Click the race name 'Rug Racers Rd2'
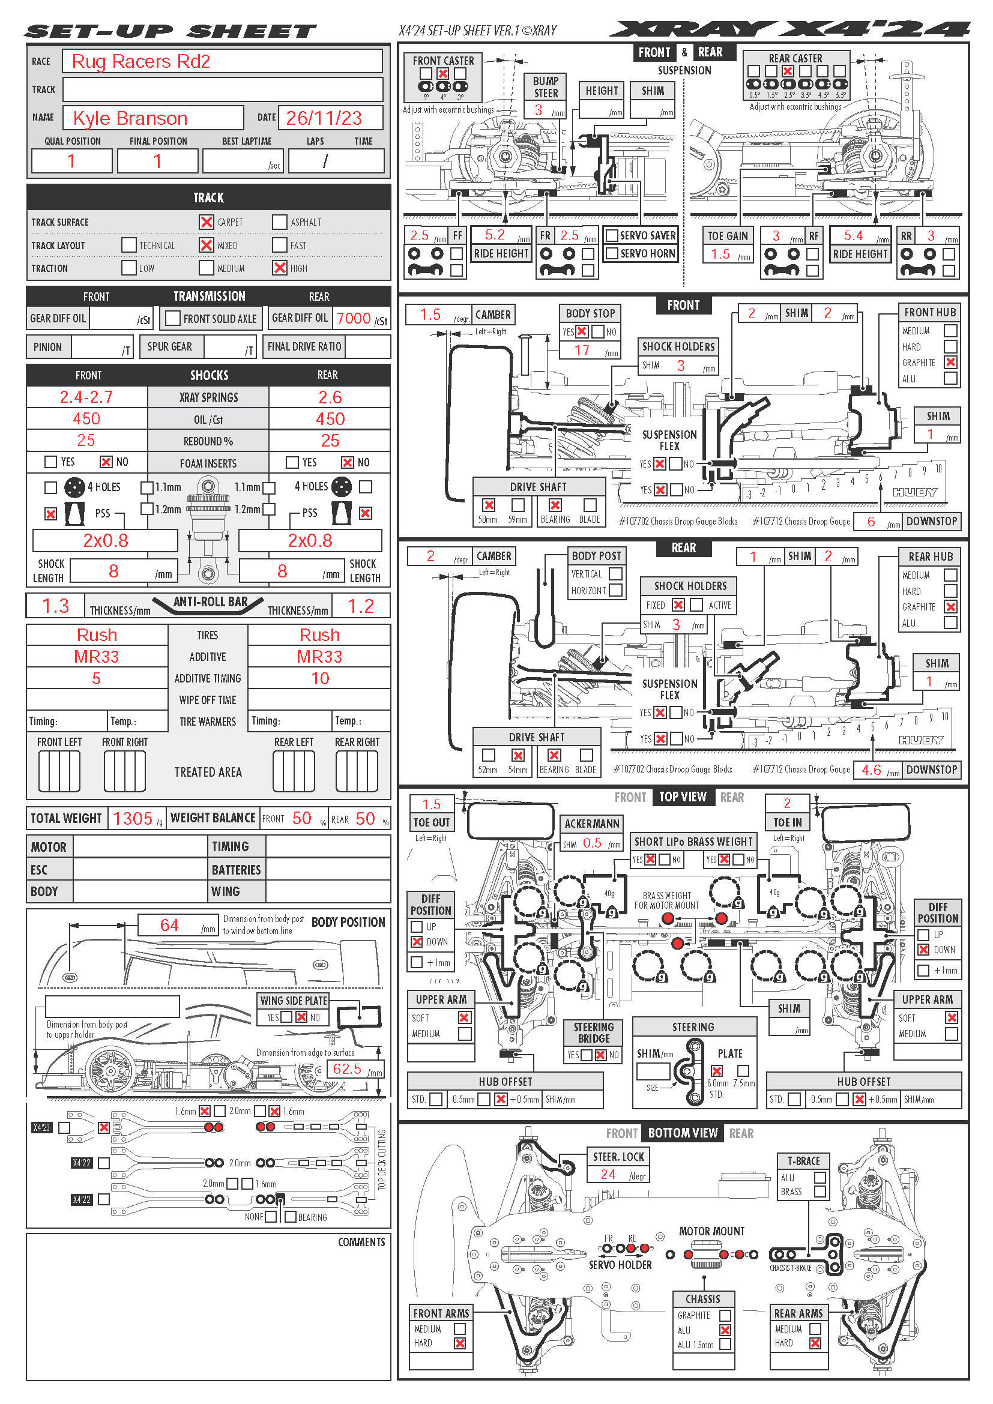coord(140,61)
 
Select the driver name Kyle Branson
coord(130,118)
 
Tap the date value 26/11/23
coord(324,118)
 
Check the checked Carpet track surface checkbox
coord(207,222)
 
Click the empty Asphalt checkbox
coord(279,222)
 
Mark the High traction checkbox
coord(279,268)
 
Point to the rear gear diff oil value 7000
coord(354,319)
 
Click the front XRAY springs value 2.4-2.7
coord(86,397)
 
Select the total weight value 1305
coord(133,819)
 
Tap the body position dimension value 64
coord(169,925)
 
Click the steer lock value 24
coord(608,1174)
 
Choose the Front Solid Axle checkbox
coord(173,319)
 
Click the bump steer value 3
coord(538,110)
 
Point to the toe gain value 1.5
coord(720,254)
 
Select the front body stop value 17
coord(582,351)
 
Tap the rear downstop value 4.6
coord(871,770)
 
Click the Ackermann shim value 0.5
coord(592,843)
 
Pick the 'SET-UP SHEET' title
coord(171,31)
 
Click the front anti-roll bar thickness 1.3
coord(56,606)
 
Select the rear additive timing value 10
coord(320,679)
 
